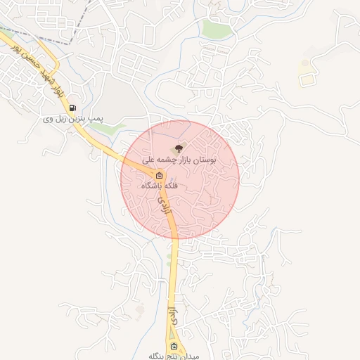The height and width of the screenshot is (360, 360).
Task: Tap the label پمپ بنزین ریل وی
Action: point(73,120)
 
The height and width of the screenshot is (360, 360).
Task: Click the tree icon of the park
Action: point(179,148)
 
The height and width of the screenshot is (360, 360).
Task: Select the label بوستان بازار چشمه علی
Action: point(179,160)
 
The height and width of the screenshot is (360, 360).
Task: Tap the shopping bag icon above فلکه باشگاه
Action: point(159,176)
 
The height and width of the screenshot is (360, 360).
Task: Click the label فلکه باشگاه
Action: point(160,186)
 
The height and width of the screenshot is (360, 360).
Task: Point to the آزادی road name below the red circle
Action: point(169,313)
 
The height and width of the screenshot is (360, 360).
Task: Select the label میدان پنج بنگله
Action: point(174,356)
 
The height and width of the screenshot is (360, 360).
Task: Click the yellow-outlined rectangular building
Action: point(306,79)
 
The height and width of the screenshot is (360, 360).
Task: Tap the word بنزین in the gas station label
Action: point(76,120)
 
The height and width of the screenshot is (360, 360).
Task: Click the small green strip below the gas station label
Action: point(117,129)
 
